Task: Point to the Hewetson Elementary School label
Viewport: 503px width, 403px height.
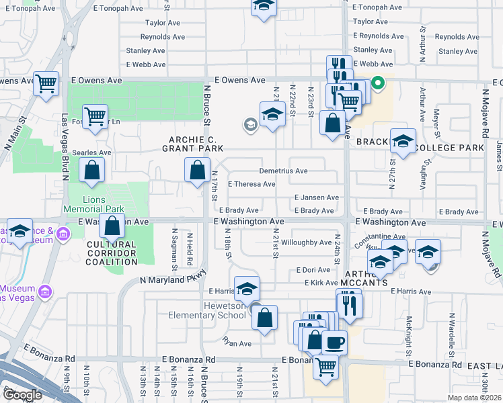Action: (x=215, y=311)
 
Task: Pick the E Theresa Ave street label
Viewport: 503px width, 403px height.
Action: (x=251, y=184)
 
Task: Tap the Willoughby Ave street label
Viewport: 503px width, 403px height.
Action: (x=306, y=242)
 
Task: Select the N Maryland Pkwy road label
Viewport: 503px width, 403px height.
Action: (x=172, y=279)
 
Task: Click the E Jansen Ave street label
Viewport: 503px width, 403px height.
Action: (x=316, y=197)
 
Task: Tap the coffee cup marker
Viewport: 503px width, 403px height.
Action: (x=334, y=343)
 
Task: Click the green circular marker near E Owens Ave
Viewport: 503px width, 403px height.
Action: (x=378, y=83)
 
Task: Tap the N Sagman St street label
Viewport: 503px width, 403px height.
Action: (x=174, y=248)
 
